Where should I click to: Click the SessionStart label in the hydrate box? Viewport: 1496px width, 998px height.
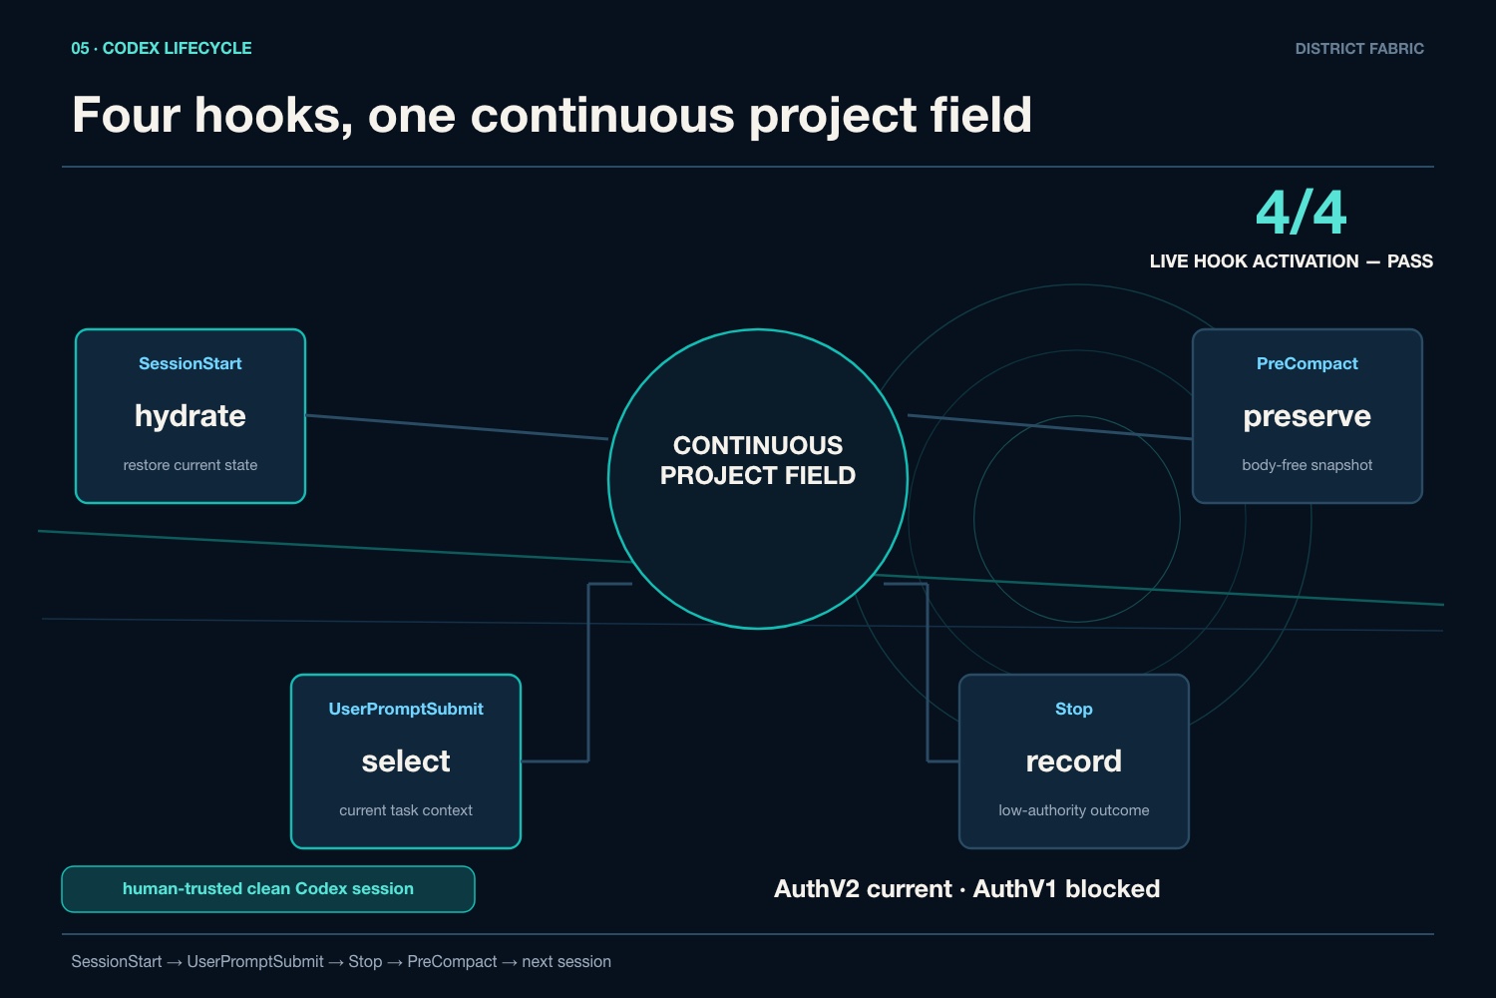[x=189, y=363]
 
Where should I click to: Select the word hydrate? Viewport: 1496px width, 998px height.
[x=190, y=416]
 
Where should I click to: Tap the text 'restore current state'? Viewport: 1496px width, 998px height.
[x=190, y=465]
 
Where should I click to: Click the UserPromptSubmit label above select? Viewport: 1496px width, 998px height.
[x=406, y=710]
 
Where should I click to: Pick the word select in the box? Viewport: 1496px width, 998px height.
[x=406, y=761]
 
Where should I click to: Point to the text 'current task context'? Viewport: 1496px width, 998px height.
[x=406, y=810]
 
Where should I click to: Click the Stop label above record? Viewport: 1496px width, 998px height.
[x=1074, y=710]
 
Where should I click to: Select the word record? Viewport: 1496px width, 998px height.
[x=1074, y=761]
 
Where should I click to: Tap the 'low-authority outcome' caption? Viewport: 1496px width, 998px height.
[x=1074, y=810]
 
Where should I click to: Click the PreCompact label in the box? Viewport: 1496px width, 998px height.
[x=1307, y=363]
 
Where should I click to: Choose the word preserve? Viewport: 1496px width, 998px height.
[x=1307, y=417]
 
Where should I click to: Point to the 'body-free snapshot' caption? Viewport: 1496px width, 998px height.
[x=1307, y=465]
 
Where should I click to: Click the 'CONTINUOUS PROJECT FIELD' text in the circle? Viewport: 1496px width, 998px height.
[x=758, y=460]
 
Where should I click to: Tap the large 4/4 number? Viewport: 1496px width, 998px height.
[x=1301, y=213]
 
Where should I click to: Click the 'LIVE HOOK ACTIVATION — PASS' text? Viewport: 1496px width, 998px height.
[x=1291, y=261]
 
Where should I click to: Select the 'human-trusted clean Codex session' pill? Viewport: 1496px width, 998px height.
[x=268, y=889]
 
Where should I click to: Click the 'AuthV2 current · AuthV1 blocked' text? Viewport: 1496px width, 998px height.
[x=966, y=889]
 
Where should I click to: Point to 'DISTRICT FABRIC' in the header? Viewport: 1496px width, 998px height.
[x=1359, y=49]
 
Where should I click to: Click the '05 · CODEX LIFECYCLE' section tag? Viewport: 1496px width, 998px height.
[x=162, y=48]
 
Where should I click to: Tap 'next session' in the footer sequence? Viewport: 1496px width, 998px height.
[x=566, y=962]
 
